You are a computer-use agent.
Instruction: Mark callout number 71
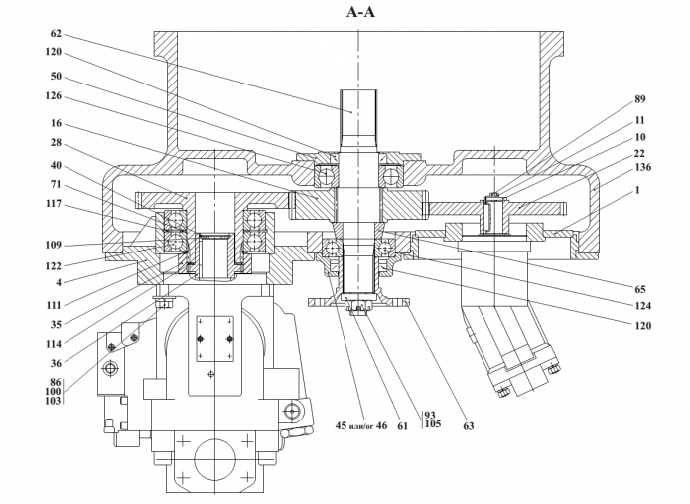[55, 185]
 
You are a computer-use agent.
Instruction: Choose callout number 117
[52, 205]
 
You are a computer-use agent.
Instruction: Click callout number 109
[52, 244]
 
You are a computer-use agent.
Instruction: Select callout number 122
[52, 266]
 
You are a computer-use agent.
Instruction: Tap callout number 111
[52, 303]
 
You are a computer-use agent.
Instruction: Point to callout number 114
[52, 343]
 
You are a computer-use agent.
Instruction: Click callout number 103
[52, 401]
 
